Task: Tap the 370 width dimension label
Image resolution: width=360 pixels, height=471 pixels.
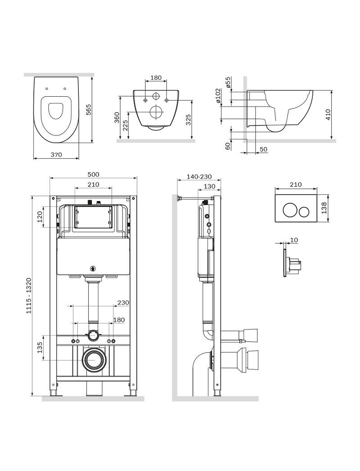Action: [x=56, y=155]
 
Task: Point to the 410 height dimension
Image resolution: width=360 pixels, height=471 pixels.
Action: [x=328, y=115]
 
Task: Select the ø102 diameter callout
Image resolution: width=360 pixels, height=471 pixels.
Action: [x=218, y=96]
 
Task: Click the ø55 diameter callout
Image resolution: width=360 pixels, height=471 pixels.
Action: [x=228, y=82]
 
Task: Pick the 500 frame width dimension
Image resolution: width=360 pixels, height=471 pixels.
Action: [x=93, y=175]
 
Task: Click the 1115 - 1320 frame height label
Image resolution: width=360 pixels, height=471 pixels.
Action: [x=29, y=296]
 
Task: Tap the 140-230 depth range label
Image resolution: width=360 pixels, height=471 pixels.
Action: [x=199, y=177]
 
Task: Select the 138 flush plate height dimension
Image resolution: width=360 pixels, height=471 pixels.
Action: [x=324, y=208]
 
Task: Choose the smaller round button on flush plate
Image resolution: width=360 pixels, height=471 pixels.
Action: [x=304, y=212]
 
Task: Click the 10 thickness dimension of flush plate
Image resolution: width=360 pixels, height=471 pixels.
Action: [x=294, y=240]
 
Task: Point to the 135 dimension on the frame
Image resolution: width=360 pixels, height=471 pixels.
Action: [x=40, y=348]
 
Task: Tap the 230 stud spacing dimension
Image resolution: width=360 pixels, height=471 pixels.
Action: [x=123, y=302]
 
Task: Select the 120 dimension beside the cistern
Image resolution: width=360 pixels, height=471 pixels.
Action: [x=40, y=217]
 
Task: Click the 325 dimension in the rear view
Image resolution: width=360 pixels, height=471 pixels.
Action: [x=189, y=120]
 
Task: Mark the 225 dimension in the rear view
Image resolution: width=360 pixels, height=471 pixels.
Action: [x=125, y=126]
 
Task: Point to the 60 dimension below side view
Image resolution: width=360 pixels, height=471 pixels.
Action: [x=228, y=146]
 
